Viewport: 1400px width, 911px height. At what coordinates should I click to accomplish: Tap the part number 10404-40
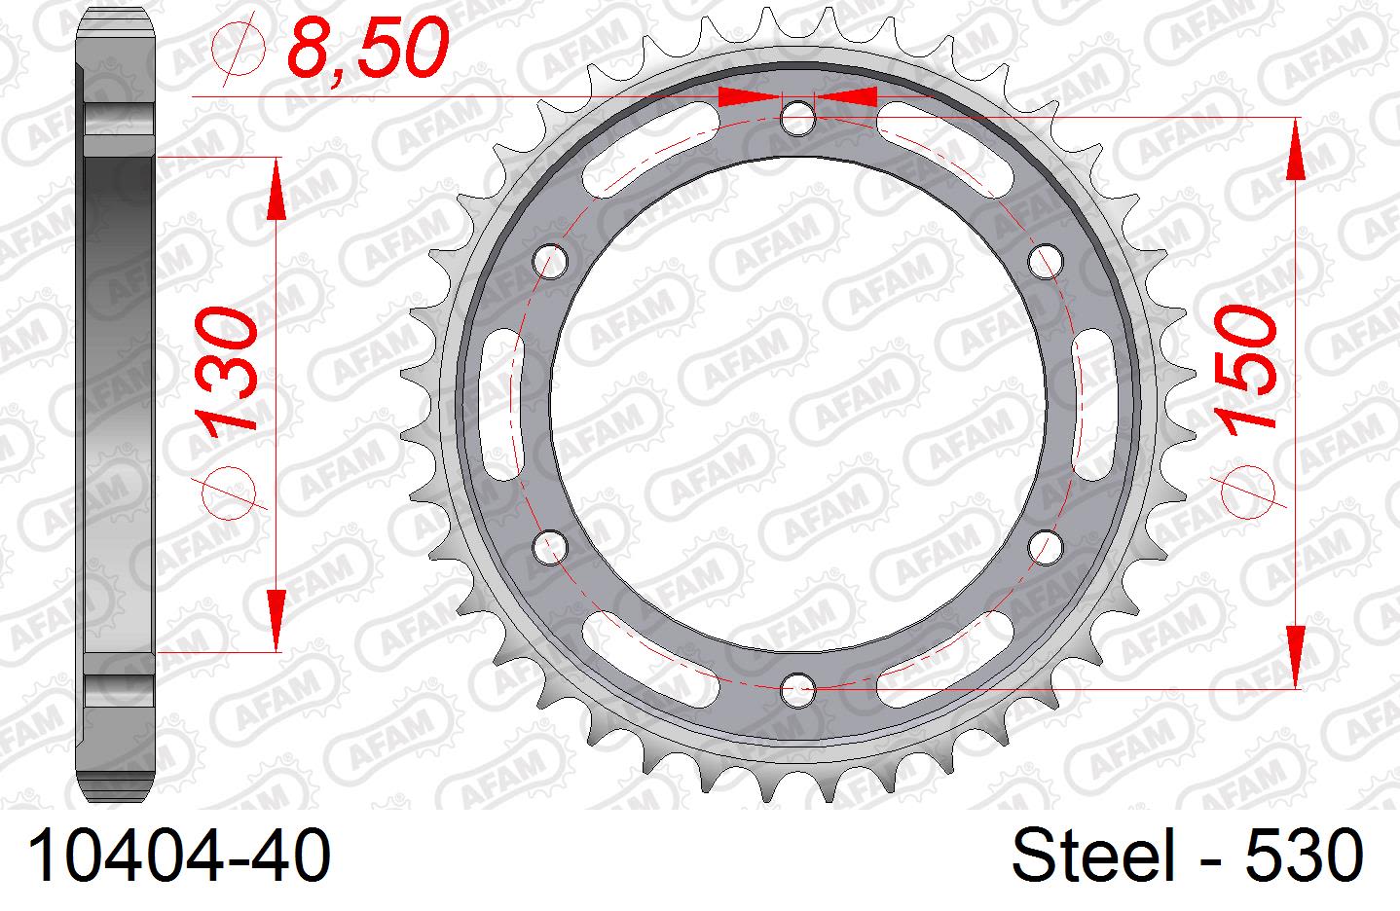pos(179,856)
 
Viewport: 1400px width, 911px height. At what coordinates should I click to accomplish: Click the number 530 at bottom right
pos(1305,856)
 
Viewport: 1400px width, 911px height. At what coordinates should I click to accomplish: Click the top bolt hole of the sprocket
pos(798,118)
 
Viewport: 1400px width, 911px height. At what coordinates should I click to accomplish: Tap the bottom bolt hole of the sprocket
pos(798,690)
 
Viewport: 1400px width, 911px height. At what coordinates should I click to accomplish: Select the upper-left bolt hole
pos(551,260)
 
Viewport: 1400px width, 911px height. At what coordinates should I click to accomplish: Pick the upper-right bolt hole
pos(1046,260)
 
